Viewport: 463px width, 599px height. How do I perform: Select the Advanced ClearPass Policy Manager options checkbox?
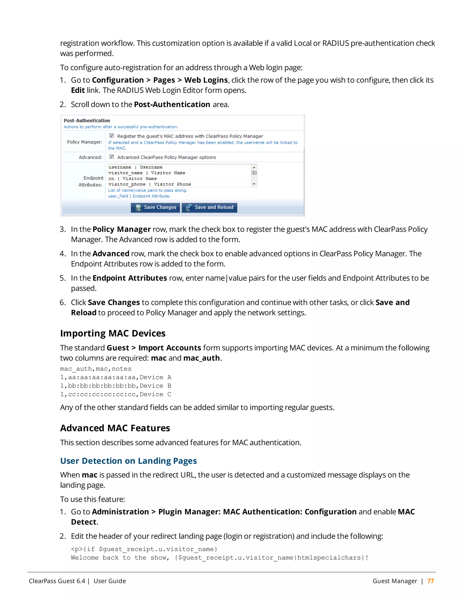click(x=112, y=157)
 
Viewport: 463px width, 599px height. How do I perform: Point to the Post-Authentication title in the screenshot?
click(x=87, y=120)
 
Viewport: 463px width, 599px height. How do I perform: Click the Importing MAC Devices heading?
click(x=113, y=333)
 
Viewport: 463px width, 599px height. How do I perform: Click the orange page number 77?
click(x=430, y=581)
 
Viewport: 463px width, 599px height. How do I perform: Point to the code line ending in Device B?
click(x=116, y=386)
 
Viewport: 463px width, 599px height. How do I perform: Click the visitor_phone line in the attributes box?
click(x=149, y=184)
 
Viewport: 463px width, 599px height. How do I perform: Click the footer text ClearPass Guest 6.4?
click(x=57, y=581)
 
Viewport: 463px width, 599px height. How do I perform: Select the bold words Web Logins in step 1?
click(x=206, y=80)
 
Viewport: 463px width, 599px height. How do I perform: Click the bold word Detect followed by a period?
click(x=84, y=522)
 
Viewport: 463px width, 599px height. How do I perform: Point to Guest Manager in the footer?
click(x=395, y=581)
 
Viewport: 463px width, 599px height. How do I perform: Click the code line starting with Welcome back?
click(x=220, y=558)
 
